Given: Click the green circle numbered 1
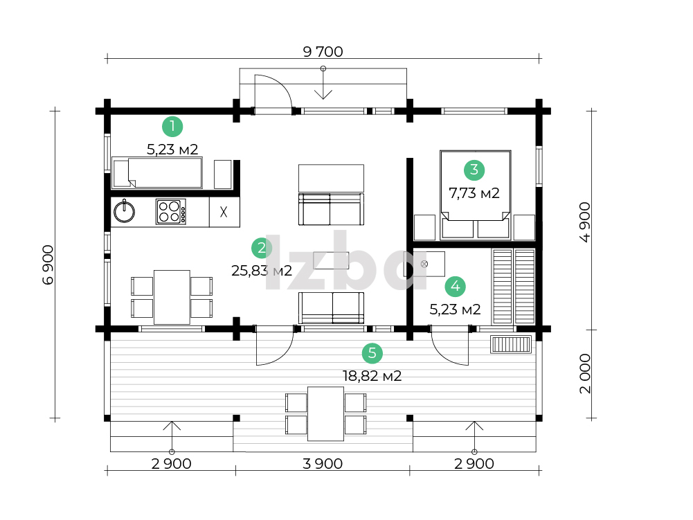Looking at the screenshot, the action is [172, 127].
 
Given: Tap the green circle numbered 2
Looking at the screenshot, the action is [262, 248].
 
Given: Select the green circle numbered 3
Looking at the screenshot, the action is [474, 170].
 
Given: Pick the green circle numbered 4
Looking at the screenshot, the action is [456, 287].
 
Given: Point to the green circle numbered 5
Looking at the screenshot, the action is [372, 353].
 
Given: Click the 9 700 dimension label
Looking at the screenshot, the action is [323, 52].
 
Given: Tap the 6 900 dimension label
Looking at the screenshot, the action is [48, 265].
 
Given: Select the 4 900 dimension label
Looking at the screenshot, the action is [585, 222].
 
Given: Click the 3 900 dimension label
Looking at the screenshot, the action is [323, 463].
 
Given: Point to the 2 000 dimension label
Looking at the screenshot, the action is [585, 373].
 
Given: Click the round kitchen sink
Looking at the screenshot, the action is [124, 212].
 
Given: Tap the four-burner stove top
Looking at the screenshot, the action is [170, 211].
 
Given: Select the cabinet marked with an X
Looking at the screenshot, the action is [224, 213].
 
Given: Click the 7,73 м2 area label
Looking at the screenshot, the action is [474, 193].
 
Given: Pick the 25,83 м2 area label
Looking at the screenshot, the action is [262, 270].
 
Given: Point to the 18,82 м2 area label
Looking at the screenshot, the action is [372, 376].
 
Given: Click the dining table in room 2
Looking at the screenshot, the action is [172, 297].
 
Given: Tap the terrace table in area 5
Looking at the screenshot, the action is [325, 414].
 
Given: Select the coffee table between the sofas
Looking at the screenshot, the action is [331, 260].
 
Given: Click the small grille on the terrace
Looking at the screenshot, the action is [511, 344].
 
